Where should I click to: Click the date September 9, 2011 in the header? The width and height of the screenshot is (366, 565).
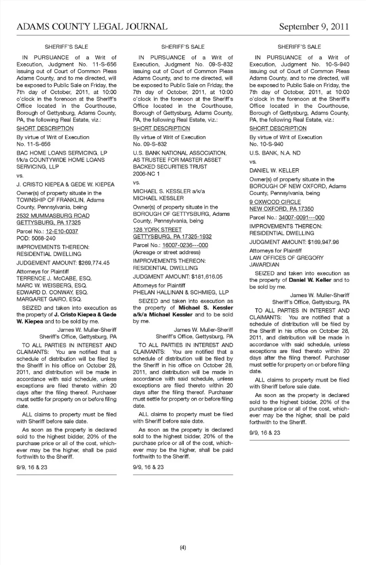pos(314,27)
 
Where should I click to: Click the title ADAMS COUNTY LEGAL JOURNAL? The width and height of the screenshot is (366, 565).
pos(92,27)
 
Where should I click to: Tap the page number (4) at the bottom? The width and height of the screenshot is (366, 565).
pos(183,548)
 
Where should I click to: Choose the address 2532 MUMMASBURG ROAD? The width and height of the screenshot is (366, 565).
pos(53,216)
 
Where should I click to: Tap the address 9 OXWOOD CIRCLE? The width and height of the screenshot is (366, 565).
pos(275,202)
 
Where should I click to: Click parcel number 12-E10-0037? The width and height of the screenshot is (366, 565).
pos(62,231)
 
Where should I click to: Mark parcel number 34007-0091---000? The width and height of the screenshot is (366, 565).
pos(301,218)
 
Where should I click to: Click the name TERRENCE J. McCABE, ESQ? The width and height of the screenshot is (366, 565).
pos(54,278)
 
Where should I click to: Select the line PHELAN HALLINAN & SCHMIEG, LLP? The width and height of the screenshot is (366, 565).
pos(181,292)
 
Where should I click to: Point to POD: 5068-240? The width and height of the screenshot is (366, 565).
pos(36,238)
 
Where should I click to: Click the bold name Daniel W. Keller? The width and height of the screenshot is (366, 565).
pos(310,280)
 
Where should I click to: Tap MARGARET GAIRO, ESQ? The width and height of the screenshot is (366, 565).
pos(49,299)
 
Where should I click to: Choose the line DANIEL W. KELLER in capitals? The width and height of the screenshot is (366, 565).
pos(274,170)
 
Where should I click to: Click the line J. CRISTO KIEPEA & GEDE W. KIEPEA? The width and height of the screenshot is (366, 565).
pos(65,184)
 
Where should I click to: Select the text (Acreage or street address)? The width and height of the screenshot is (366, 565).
pos(166,252)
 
